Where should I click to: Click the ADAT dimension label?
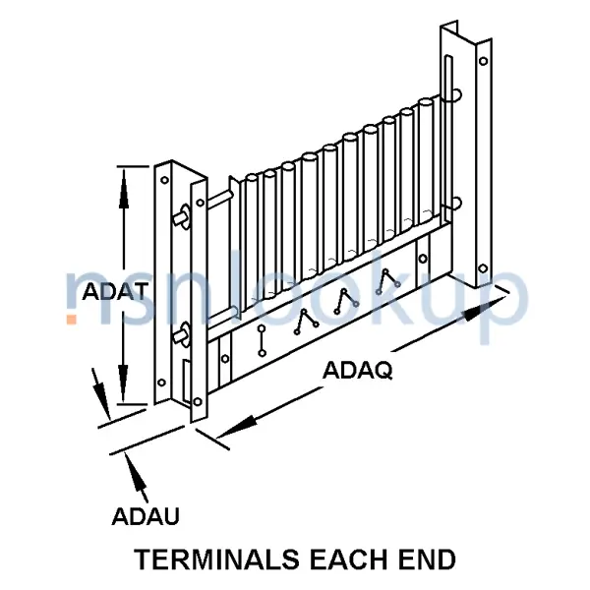click(115, 291)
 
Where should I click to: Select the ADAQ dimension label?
click(358, 371)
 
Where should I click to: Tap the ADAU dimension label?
click(146, 516)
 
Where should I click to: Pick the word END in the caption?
click(425, 560)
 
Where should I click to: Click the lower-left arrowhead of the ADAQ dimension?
click(237, 428)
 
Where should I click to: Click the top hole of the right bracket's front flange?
click(484, 61)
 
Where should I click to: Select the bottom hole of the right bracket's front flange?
click(483, 268)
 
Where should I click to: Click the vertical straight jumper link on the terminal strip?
click(262, 341)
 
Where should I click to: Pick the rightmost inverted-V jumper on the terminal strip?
click(387, 281)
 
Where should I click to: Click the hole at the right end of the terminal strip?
click(423, 259)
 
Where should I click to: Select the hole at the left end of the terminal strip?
click(225, 359)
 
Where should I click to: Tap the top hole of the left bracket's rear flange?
click(164, 180)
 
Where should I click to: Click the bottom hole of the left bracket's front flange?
click(198, 402)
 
